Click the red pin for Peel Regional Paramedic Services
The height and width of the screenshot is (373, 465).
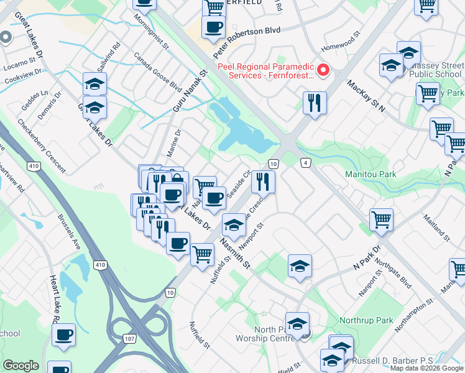(323, 70)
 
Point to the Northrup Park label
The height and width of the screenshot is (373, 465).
(366, 321)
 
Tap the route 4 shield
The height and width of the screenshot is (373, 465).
(305, 163)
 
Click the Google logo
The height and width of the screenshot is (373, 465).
(21, 366)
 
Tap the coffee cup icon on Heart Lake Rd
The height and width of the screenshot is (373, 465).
(63, 336)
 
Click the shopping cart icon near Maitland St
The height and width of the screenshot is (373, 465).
(381, 219)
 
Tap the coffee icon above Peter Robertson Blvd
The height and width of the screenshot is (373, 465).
(214, 27)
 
